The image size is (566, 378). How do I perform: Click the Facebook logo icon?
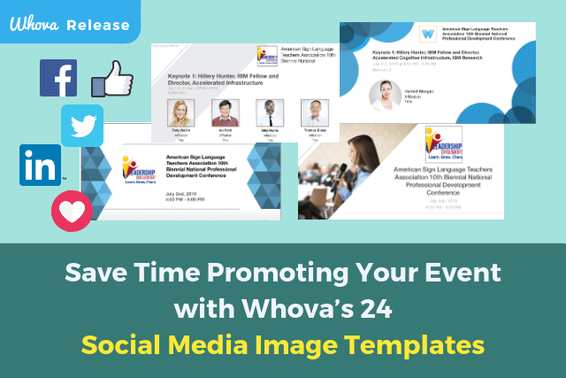click(x=58, y=79)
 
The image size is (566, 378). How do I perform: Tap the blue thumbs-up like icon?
click(x=113, y=81)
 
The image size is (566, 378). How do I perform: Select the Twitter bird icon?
click(x=82, y=125)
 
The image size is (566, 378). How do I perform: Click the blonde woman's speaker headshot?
click(x=180, y=112)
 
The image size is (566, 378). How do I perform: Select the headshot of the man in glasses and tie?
click(x=268, y=112)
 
